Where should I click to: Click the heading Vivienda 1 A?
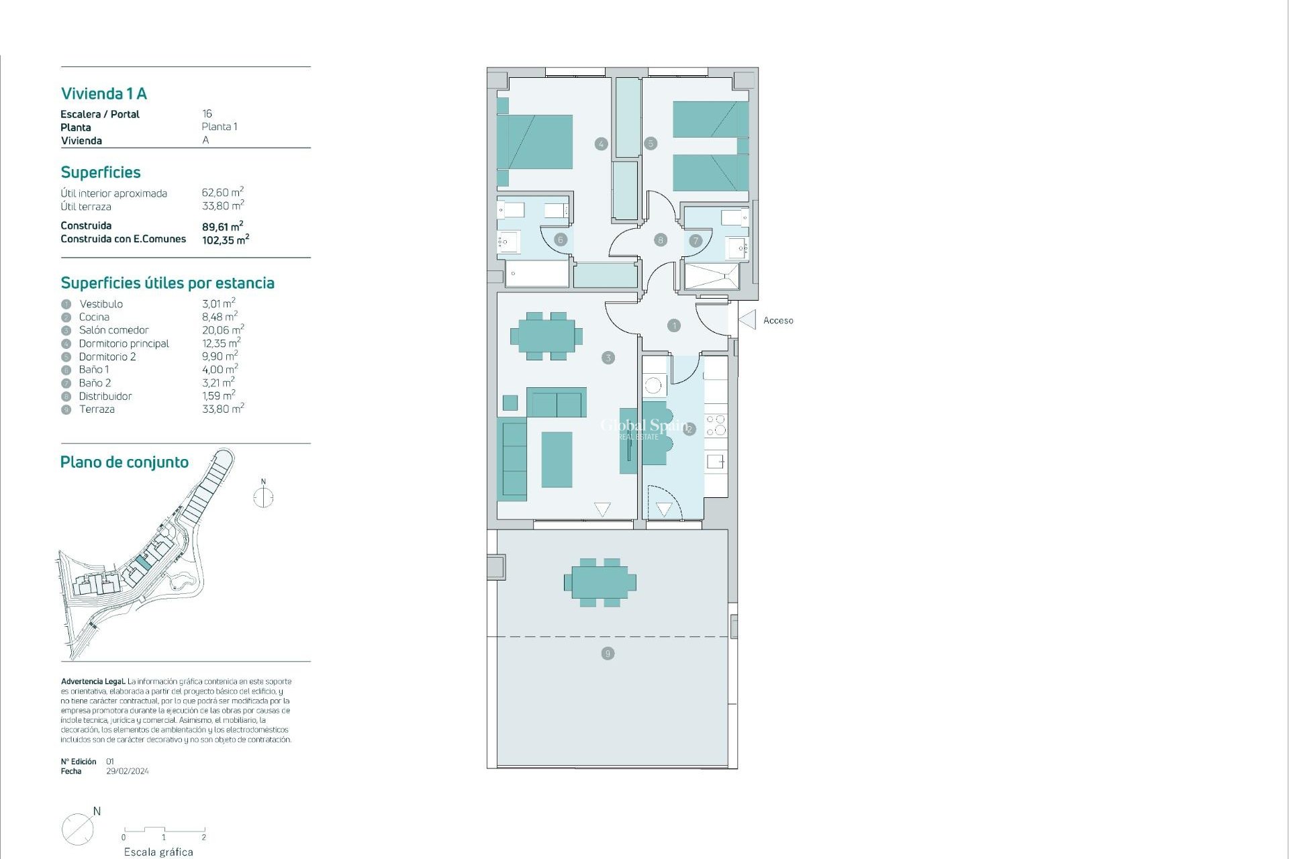point(104,94)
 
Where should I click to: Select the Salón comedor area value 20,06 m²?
point(223,330)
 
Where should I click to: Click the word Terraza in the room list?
point(97,409)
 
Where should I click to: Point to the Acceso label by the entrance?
point(778,321)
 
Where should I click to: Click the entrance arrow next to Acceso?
point(748,319)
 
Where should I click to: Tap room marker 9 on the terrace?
point(608,654)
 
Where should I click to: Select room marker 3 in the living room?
point(608,358)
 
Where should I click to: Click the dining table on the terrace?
point(600,583)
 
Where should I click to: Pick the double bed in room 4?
point(535,142)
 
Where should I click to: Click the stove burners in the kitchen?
point(716,425)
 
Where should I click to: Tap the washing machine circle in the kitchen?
point(653,386)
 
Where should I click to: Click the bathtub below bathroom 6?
point(537,274)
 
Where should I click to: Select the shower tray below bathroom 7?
point(712,276)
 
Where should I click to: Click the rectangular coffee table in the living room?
point(557,460)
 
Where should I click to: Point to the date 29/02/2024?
point(128,772)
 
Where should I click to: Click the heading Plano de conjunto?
point(124,462)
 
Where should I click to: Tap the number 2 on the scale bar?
point(203,838)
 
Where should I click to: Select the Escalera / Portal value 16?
point(207,114)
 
